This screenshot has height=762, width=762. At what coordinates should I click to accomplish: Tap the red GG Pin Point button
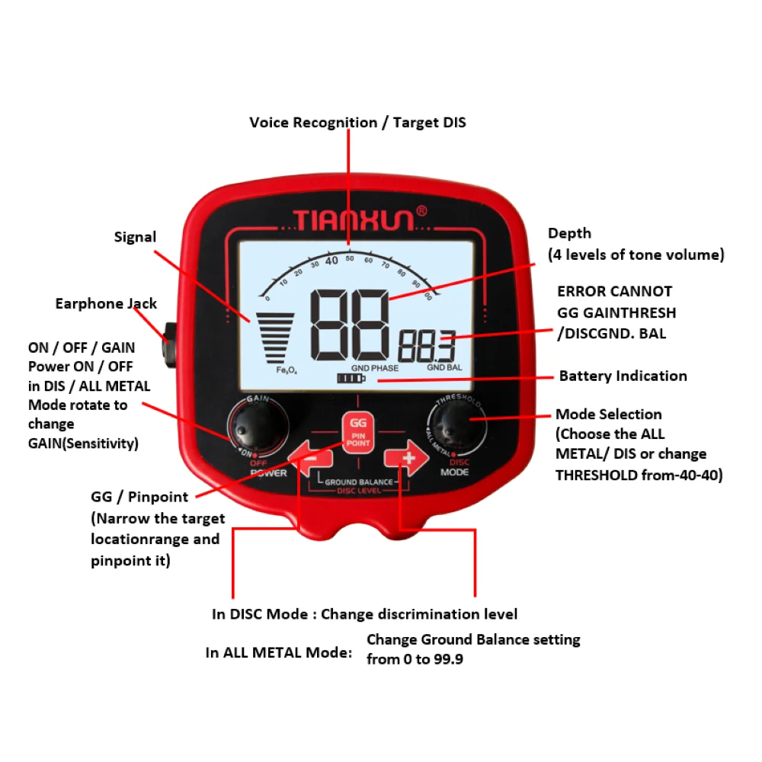pos(357,432)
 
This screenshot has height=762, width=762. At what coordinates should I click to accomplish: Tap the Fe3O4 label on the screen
pos(287,369)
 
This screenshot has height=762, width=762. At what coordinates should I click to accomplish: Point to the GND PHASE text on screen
pos(375,367)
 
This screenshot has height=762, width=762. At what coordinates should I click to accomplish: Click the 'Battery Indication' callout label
pos(623,376)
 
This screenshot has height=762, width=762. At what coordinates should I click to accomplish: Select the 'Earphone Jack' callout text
pos(106,304)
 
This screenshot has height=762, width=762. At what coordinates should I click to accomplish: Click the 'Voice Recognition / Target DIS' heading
pos(357,123)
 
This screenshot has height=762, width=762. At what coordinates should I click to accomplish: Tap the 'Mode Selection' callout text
pos(608,415)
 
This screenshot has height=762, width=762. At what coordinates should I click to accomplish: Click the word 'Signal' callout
pos(135,237)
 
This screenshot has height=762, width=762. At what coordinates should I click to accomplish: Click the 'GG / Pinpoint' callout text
pos(139,498)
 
